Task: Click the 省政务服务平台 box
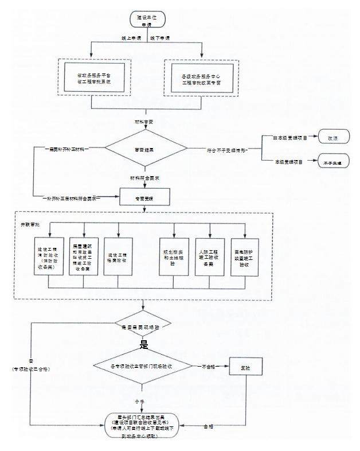94,79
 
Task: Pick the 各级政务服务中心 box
201,79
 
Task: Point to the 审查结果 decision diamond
147,150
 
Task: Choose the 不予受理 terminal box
332,163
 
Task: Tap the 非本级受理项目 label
291,138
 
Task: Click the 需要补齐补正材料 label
67,149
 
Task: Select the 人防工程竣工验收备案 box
210,257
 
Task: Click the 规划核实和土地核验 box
174,257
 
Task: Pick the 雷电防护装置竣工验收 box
245,257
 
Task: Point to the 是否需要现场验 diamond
143,326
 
